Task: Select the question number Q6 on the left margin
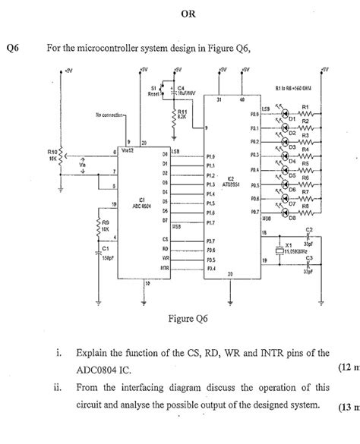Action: [13, 48]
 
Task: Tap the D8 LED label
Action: [291, 218]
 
